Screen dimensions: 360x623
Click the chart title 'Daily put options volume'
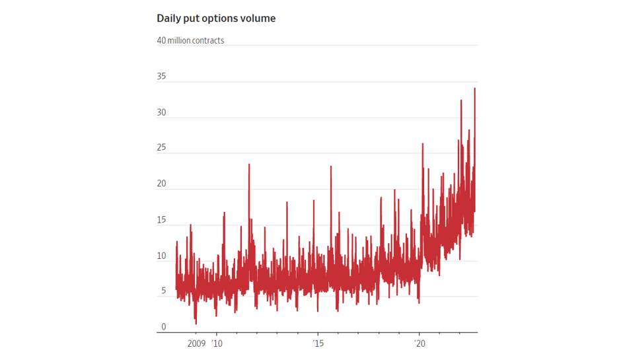(216, 18)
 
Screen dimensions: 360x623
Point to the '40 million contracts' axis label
(190, 40)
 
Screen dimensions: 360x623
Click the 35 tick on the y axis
(161, 77)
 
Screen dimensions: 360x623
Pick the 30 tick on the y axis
(161, 112)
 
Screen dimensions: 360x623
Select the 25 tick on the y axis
(161, 148)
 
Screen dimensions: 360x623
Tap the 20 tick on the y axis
(161, 184)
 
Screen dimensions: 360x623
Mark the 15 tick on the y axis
(161, 220)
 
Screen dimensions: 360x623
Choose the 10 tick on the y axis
(161, 256)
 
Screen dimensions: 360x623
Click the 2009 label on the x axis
(196, 343)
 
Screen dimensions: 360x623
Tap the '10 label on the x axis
(217, 343)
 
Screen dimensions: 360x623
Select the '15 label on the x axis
(318, 343)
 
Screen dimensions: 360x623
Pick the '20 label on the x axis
(420, 343)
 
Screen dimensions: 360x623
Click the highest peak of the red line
(474, 89)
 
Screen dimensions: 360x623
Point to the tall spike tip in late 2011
(249, 164)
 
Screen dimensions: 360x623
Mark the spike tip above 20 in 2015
(331, 166)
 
